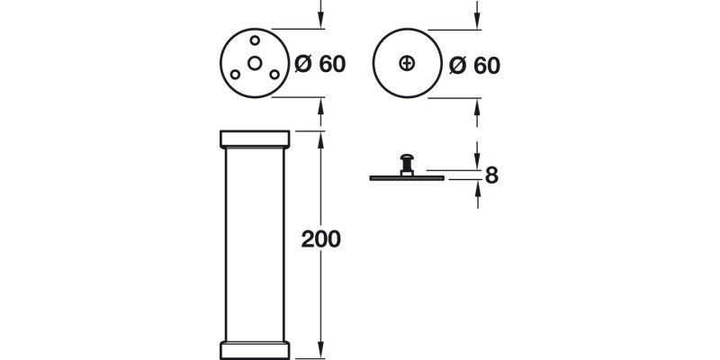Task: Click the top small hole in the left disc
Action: pos(256,40)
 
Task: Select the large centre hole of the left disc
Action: pos(256,63)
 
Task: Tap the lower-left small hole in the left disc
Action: pos(235,75)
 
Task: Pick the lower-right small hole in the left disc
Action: pos(275,75)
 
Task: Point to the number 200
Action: pos(320,239)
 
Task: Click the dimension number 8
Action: pos(491,175)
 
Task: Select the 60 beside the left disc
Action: pos(330,65)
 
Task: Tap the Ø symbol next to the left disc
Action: pos(303,65)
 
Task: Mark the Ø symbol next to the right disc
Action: pos(457,65)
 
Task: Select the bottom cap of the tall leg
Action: pos(256,349)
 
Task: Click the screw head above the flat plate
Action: pos(408,163)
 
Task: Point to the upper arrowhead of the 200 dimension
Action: pos(321,138)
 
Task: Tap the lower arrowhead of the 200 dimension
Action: pos(321,350)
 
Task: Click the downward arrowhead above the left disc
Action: pos(321,22)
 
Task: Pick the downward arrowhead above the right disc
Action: pos(476,22)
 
